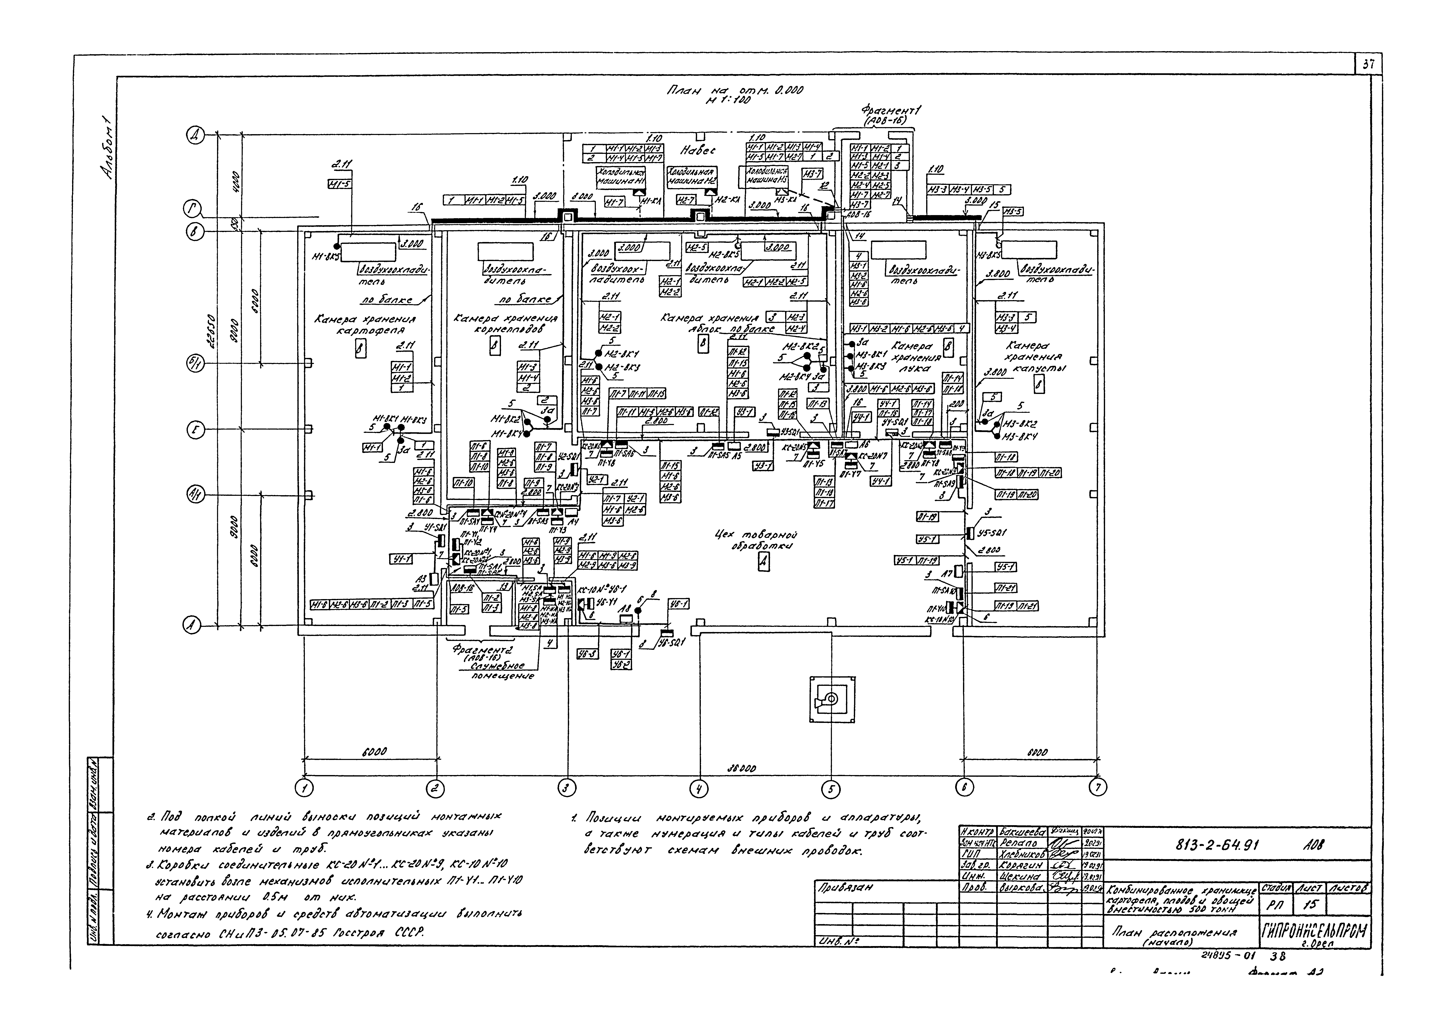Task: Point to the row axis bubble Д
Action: tap(195, 135)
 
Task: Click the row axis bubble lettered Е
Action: tap(195, 431)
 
